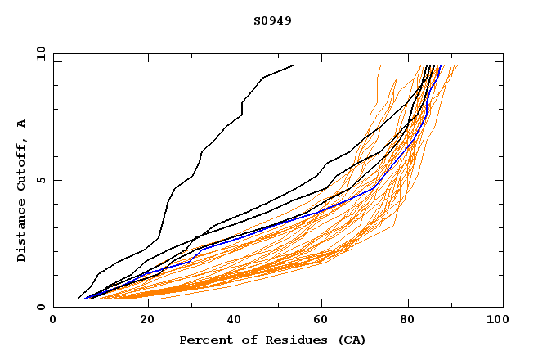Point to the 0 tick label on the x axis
(x=53, y=322)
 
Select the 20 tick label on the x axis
(x=141, y=322)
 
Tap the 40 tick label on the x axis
(x=230, y=322)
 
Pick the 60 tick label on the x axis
(x=319, y=322)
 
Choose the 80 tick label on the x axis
(x=407, y=322)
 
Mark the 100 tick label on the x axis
(x=495, y=322)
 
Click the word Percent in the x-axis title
(x=204, y=340)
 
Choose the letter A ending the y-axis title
(x=22, y=124)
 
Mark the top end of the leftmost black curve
(x=293, y=65)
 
